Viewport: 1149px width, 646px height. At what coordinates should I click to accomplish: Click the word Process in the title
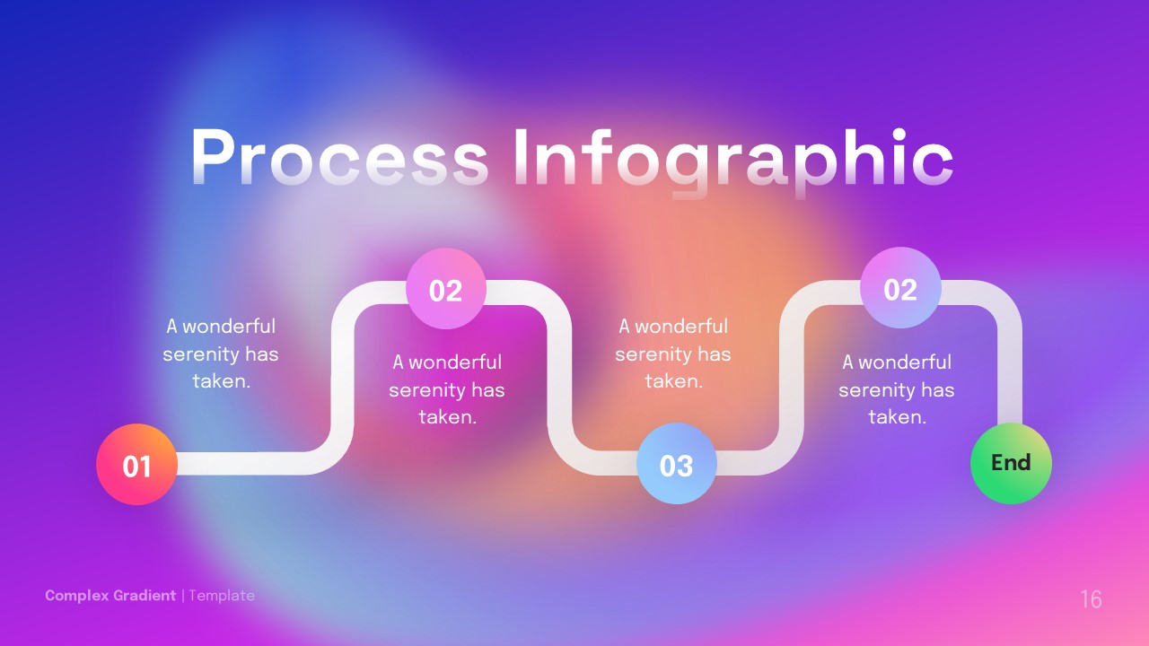coord(339,160)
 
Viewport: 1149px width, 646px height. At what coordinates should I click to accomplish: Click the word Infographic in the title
coord(732,160)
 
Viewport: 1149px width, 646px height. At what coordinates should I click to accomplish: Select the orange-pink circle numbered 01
coord(136,465)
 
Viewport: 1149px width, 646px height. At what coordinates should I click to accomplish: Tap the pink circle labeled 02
coord(446,289)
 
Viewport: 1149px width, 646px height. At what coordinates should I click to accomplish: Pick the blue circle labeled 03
coord(676,464)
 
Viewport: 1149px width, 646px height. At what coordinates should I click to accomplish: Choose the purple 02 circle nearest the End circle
coord(900,288)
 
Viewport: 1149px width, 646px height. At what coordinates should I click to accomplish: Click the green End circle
coord(1011,463)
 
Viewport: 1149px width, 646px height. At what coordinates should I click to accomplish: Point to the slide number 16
coord(1091,599)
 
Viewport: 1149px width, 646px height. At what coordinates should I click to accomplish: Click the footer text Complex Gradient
coord(110,596)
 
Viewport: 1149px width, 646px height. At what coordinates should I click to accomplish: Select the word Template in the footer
coord(222,596)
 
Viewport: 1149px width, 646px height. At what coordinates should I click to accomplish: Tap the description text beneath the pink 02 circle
coord(447,389)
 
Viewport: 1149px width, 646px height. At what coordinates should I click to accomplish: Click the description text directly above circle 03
coord(673,354)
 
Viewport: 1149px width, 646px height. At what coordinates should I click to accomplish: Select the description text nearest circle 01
coord(221,354)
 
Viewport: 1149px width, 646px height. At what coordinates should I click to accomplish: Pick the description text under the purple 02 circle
coord(897,389)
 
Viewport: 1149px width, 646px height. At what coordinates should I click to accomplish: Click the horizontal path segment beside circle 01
coord(242,463)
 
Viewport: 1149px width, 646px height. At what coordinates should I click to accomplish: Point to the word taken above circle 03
coord(673,381)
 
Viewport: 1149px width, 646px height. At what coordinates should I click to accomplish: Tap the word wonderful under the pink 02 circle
coord(455,362)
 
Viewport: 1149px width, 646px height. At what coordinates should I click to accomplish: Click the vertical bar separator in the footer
coord(182,596)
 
